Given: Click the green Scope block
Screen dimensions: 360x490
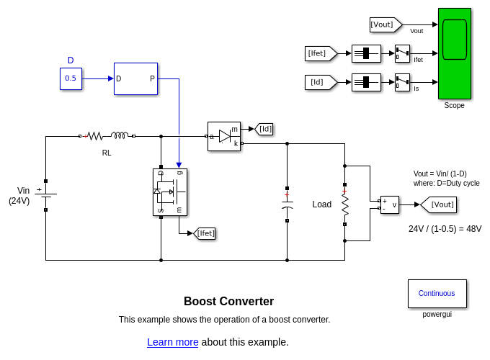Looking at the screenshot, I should [x=454, y=53].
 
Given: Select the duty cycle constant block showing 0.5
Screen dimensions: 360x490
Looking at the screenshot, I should [x=71, y=78].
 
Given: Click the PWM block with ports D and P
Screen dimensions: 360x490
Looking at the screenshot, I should [x=135, y=78].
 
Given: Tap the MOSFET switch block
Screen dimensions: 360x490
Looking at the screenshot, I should [x=170, y=192].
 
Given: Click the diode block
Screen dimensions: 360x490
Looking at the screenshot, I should [x=223, y=136].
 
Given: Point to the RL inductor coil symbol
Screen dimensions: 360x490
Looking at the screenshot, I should [x=120, y=135].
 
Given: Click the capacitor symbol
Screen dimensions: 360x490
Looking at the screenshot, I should [x=287, y=204].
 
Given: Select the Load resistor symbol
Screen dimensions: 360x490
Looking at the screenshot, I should [x=345, y=204].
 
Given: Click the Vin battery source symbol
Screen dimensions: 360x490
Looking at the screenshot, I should [x=45, y=195].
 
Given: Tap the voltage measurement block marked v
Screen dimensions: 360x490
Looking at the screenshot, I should [x=389, y=204].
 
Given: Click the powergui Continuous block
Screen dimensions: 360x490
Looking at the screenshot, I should [x=437, y=293].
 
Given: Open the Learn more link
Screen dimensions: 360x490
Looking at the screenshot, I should [x=172, y=342].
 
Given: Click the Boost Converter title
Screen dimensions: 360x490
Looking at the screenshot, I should [x=228, y=302].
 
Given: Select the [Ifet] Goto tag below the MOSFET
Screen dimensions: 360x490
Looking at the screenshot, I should [x=205, y=233].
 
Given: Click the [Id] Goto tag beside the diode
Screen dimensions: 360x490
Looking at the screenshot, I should [x=264, y=129].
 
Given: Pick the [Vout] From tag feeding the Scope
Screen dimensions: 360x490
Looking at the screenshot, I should [x=385, y=24].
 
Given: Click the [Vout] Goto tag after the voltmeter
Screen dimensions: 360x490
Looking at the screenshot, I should [x=440, y=204].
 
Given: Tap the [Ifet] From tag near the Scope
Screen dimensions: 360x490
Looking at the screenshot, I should [x=320, y=53].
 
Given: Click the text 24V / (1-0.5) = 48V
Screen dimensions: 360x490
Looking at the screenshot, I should [x=445, y=229].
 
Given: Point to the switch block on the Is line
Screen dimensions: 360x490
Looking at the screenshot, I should [x=402, y=82].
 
